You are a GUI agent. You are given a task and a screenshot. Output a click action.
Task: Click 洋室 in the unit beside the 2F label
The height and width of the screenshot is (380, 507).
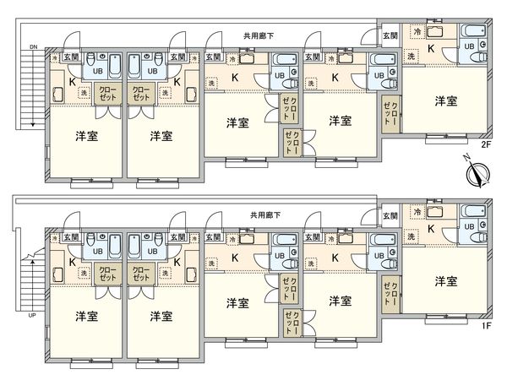[x=447, y=101]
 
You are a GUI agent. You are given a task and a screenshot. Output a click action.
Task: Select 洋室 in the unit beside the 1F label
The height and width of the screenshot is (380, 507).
[x=447, y=280]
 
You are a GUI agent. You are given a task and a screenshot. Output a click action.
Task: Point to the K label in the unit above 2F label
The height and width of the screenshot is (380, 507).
[x=431, y=49]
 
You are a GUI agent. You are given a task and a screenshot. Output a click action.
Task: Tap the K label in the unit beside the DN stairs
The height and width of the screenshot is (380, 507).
[x=71, y=81]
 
